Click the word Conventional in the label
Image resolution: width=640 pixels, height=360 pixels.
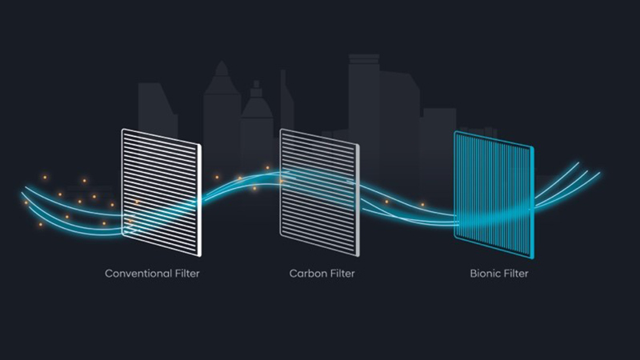point(138,274)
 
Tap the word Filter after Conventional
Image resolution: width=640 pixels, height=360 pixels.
point(187,274)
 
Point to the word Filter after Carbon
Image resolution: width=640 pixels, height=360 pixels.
point(342,274)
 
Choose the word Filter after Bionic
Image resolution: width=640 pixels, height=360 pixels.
point(516,274)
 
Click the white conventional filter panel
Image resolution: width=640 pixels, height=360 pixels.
point(162,193)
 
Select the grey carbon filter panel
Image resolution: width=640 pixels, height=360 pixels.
point(319,193)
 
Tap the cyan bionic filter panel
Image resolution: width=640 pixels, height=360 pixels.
point(494,194)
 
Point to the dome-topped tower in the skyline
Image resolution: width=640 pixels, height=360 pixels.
point(222,118)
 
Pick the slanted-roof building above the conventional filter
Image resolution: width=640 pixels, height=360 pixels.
point(157,110)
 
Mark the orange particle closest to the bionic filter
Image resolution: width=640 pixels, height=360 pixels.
point(422,205)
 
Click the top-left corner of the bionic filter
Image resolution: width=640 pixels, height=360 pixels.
point(454,132)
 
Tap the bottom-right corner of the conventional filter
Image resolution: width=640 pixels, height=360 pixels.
point(200,255)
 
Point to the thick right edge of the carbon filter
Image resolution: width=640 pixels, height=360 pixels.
point(358,200)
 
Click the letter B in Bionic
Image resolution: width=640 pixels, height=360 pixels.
point(473,274)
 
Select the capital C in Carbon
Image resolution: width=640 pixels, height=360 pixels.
point(293,274)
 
